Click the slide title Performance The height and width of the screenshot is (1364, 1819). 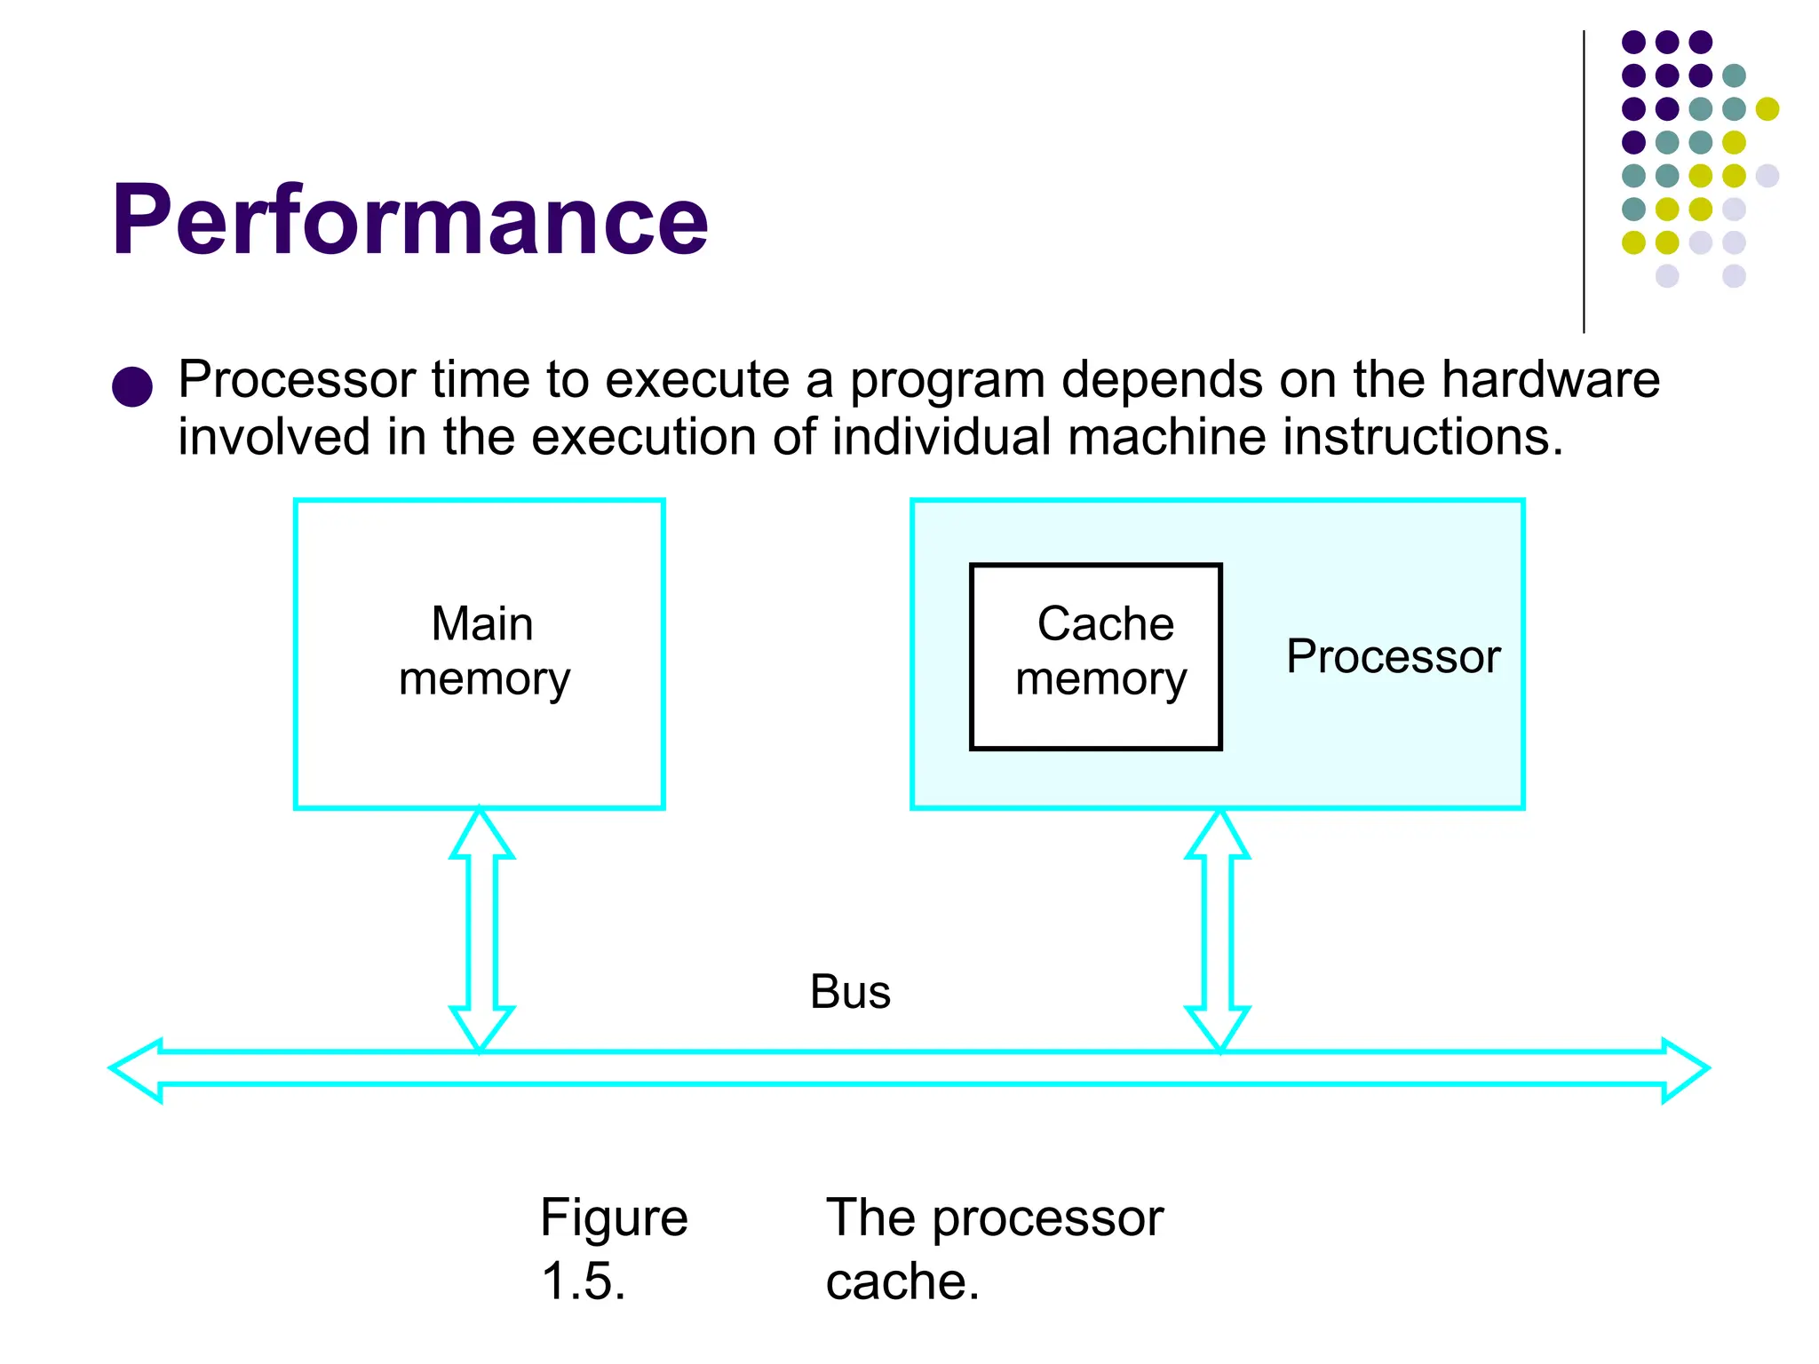(409, 220)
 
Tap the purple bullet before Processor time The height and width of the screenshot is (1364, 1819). (132, 386)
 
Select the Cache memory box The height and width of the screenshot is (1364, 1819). (1095, 656)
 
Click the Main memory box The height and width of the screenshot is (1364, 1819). (480, 654)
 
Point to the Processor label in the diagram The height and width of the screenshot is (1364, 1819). (1393, 657)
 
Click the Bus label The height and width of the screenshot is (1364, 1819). (850, 992)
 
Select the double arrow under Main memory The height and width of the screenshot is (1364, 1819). (481, 929)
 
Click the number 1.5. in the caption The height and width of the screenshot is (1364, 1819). (584, 1281)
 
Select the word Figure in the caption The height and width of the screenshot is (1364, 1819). (614, 1217)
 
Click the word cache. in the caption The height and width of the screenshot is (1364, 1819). (902, 1281)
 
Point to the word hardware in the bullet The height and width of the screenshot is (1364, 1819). (1550, 380)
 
